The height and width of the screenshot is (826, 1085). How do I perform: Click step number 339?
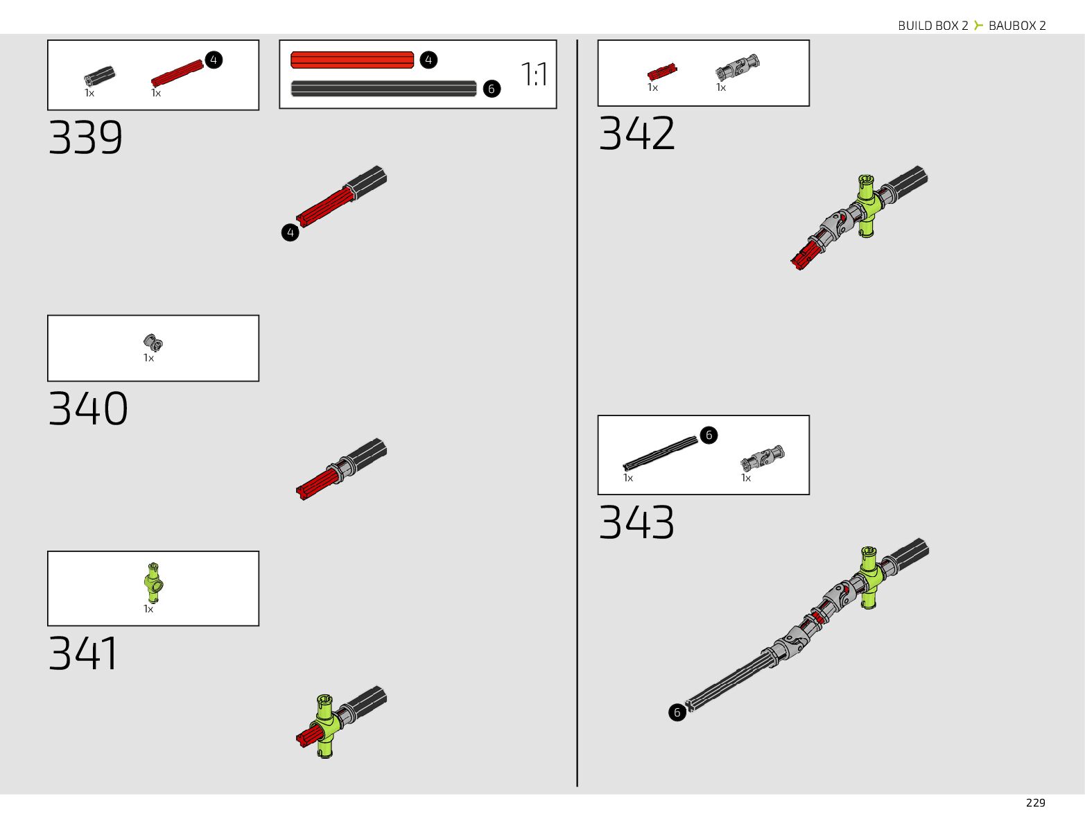(x=85, y=138)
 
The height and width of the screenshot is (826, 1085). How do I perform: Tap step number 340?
(x=88, y=408)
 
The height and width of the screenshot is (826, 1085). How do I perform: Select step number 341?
(x=83, y=653)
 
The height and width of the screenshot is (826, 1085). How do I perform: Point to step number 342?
(x=636, y=133)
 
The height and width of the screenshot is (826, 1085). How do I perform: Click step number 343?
(x=636, y=522)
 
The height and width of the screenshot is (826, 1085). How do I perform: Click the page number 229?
(x=1035, y=802)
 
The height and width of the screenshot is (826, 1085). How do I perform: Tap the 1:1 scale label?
(x=534, y=74)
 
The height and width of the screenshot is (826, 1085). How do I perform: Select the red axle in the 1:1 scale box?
(x=352, y=60)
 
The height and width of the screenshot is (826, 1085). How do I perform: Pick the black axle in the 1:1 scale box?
(x=383, y=89)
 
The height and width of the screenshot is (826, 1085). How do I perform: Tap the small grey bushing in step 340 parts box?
(x=153, y=343)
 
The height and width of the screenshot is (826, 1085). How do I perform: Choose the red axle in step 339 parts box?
(x=176, y=73)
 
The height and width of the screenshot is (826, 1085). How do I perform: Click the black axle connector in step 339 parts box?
(x=100, y=76)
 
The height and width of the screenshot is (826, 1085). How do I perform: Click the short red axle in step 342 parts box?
(x=661, y=71)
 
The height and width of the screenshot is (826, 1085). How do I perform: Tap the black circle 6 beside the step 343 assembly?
(x=677, y=712)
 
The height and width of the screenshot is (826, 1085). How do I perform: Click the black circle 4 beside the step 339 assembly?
(x=290, y=232)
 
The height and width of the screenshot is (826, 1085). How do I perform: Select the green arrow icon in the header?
(x=978, y=26)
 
